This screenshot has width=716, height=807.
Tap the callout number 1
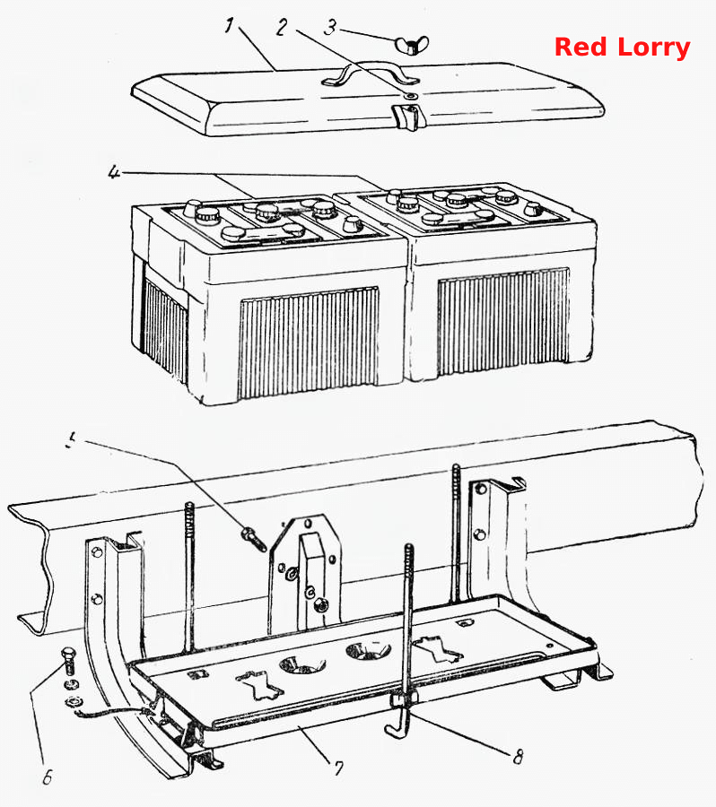[x=229, y=25]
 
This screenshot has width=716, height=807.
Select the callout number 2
[x=281, y=27]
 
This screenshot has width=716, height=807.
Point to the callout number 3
[x=330, y=27]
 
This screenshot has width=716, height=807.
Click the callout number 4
[x=114, y=172]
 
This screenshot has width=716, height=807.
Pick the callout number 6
[x=47, y=777]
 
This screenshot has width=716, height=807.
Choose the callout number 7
[x=338, y=768]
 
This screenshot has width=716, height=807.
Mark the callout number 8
[x=518, y=757]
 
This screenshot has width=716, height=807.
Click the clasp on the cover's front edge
[x=406, y=117]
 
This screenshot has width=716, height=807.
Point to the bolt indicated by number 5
[x=253, y=538]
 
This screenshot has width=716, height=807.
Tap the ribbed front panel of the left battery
[x=309, y=343]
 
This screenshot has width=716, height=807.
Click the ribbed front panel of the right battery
[x=503, y=322]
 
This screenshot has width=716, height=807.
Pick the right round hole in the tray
[x=368, y=651]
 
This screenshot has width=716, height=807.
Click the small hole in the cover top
[x=411, y=96]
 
